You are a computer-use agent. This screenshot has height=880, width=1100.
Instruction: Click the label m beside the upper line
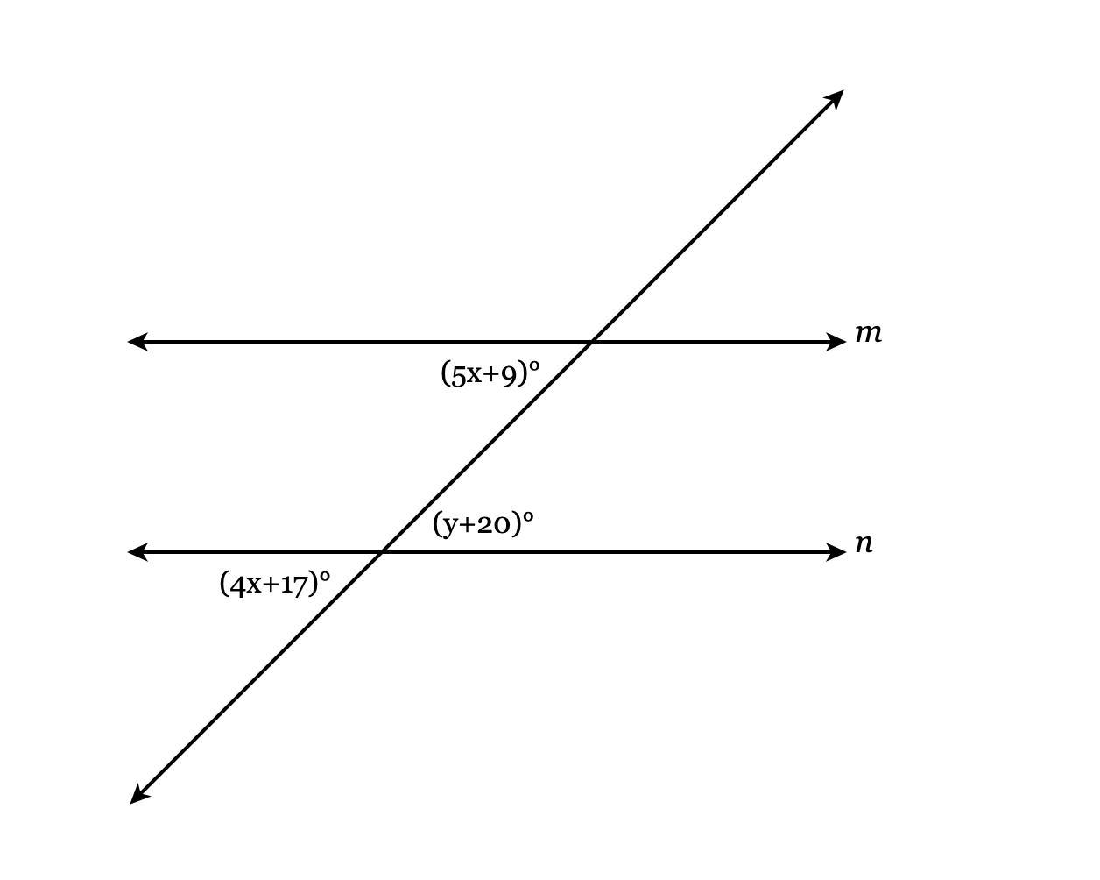[869, 334]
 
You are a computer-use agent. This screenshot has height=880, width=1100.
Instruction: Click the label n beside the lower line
[864, 543]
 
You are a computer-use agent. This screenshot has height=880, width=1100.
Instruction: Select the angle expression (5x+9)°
[490, 373]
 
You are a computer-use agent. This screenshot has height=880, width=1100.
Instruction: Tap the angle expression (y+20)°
[483, 523]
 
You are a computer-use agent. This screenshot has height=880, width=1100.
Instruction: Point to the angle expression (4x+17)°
[275, 583]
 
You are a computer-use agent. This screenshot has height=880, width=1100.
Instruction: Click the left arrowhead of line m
[137, 342]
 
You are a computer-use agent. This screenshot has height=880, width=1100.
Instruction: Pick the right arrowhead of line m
[836, 342]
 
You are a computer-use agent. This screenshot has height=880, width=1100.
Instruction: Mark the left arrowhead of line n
[137, 552]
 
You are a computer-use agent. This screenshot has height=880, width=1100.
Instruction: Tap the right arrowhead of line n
[836, 552]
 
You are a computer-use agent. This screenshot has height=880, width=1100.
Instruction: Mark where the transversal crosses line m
[592, 342]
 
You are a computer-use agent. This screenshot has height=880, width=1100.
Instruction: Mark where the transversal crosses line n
[381, 552]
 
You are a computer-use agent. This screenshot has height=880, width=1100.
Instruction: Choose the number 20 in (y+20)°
[494, 524]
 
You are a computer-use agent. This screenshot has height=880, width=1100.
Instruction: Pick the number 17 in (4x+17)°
[294, 585]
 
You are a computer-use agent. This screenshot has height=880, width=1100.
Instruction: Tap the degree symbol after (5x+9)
[534, 365]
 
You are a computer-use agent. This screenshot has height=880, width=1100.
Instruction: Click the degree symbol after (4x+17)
[325, 576]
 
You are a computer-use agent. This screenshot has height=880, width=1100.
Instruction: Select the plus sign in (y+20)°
[467, 525]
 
